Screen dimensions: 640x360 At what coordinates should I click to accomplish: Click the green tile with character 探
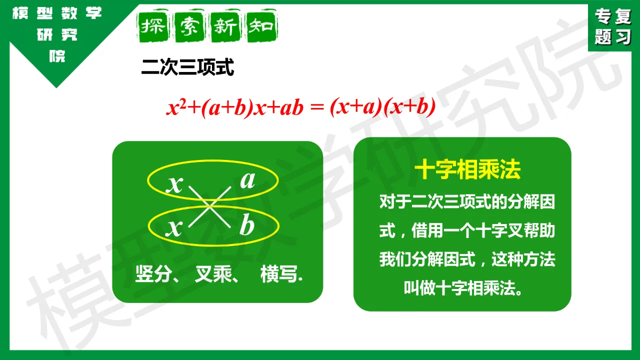coord(153,26)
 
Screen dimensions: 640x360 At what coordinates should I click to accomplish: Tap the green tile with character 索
coord(189,26)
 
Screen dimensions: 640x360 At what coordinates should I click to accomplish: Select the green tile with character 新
coord(225,26)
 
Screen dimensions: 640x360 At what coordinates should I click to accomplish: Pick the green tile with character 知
coord(261,26)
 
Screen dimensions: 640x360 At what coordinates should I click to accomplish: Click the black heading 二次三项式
coord(187,67)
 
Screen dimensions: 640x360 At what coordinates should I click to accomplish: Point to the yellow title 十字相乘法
coord(467,169)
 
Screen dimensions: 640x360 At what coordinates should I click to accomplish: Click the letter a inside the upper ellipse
coord(247,180)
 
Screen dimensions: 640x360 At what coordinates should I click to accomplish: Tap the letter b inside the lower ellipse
coord(247,224)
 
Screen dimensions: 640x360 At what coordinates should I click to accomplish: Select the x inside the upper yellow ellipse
coord(174,184)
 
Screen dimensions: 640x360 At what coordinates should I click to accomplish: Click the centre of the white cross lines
coord(209,206)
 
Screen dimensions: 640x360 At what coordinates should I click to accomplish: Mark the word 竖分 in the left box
coord(152,274)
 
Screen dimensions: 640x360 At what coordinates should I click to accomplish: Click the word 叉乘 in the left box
coord(213,274)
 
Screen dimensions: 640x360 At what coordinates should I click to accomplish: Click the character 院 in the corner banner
coord(57,56)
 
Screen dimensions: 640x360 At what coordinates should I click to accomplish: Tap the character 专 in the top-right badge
coord(603,16)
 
